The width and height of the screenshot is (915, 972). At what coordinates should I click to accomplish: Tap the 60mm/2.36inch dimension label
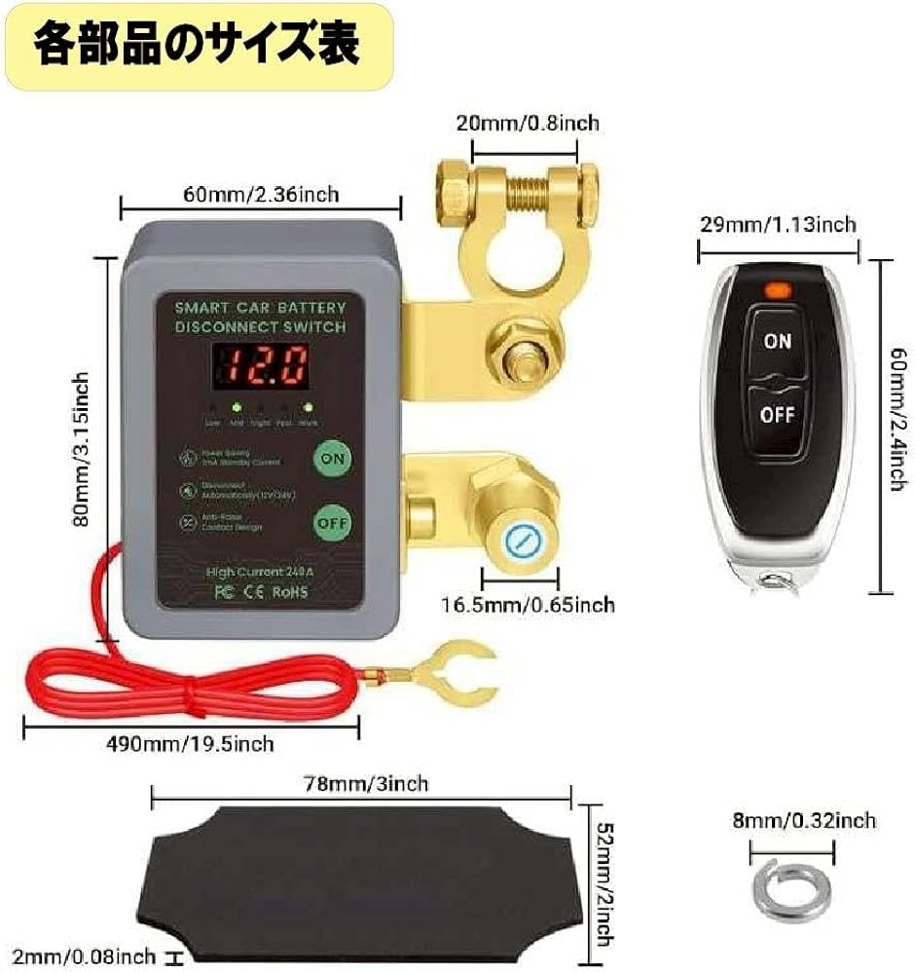(x=261, y=194)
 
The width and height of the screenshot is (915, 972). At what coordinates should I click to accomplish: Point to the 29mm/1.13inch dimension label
(x=778, y=224)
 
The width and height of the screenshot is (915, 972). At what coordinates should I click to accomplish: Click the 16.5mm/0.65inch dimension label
(x=549, y=604)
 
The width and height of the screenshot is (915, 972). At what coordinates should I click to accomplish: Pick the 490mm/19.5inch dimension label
(x=190, y=743)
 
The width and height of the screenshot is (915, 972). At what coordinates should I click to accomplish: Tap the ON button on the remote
(x=778, y=341)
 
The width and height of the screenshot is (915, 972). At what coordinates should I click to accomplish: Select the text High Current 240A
(x=261, y=571)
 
